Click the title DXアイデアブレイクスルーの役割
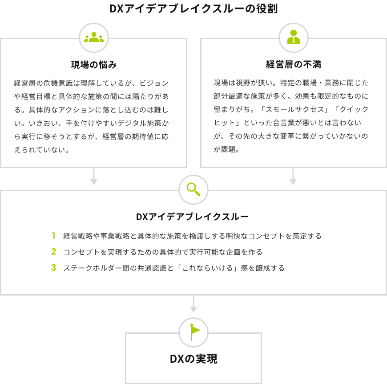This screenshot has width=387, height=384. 193,9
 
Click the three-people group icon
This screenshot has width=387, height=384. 93,38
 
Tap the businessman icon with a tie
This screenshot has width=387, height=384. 293,38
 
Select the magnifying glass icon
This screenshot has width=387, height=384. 193,190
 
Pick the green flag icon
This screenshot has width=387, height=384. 193,332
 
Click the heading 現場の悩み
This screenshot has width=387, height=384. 94,65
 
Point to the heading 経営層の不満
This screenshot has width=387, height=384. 293,65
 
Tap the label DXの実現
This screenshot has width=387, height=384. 193,359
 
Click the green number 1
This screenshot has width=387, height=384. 53,236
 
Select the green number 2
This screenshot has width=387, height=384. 53,252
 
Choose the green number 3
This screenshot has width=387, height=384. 53,268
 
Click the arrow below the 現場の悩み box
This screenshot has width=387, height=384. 93,176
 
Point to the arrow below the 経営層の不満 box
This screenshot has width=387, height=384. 293,176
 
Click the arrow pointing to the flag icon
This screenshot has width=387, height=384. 193,304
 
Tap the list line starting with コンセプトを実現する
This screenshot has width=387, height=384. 163,252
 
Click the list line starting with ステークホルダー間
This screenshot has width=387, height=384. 173,268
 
